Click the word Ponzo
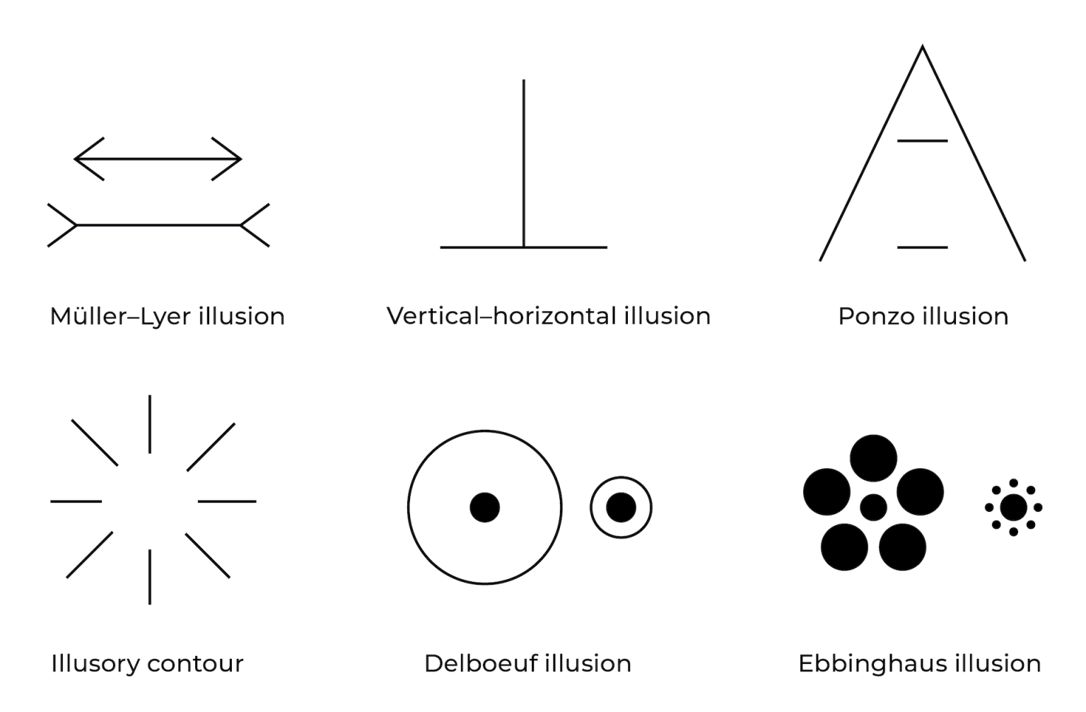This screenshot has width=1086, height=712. click(877, 316)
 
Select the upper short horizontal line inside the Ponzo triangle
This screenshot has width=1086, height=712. click(922, 141)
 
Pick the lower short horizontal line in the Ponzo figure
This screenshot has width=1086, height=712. click(922, 247)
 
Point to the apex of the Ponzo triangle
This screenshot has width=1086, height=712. click(922, 47)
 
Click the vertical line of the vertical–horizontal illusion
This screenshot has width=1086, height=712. click(524, 163)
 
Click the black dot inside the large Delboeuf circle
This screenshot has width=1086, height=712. click(485, 508)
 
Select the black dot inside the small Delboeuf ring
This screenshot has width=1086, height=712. click(621, 508)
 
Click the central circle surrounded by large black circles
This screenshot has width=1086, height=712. click(873, 508)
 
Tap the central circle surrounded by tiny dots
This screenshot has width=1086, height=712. click(1013, 508)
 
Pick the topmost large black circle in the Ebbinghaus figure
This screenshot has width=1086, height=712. click(873, 458)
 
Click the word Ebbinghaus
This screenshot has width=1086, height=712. click(873, 664)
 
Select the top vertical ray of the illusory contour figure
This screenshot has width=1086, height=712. click(150, 424)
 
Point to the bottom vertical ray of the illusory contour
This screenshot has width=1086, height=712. click(150, 577)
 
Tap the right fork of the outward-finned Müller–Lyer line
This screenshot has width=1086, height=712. click(254, 226)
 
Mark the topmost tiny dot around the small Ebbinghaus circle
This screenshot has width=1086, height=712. click(1013, 483)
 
